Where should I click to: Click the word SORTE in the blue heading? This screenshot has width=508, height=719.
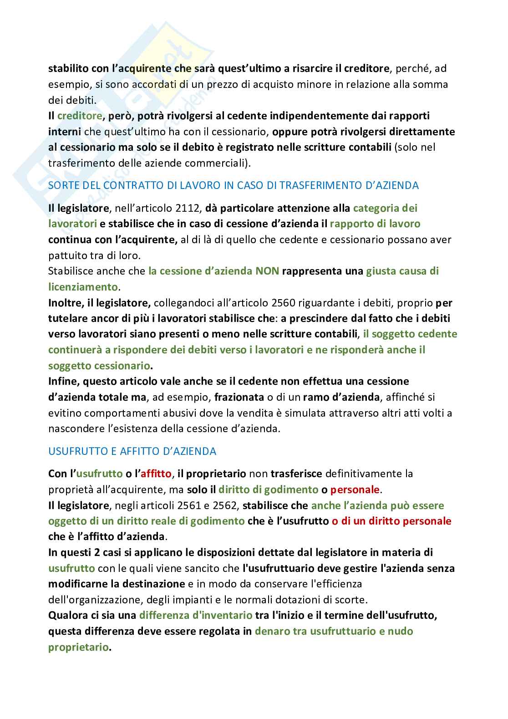point(62,185)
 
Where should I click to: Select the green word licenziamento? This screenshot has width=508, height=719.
point(83,287)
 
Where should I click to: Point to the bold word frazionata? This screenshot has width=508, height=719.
point(239,397)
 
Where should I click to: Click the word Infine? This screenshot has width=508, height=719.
point(62,381)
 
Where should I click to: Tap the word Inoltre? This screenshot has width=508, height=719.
point(65,303)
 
